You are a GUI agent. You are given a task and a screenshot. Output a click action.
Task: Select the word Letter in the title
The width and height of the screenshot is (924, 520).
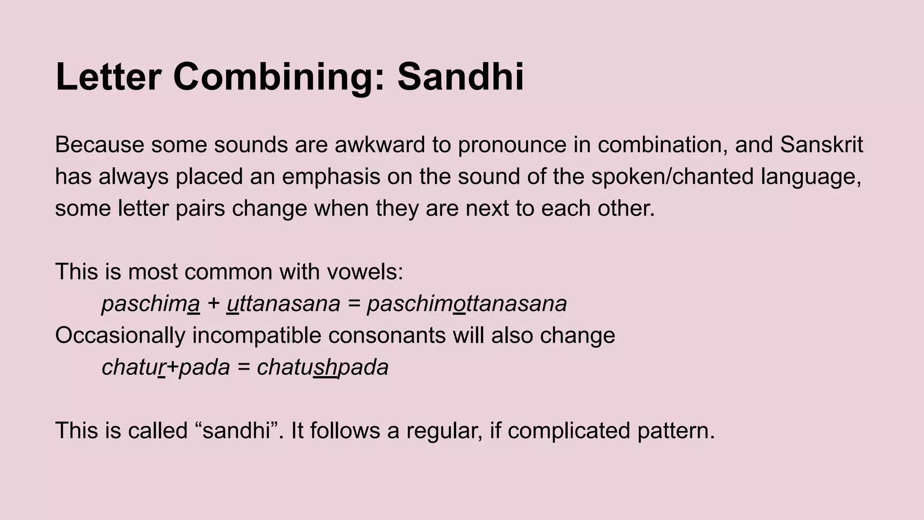point(108,77)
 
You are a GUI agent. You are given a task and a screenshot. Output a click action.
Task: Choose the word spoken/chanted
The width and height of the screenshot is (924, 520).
point(672,176)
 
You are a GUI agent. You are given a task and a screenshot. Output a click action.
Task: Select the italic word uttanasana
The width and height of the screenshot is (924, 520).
point(283,304)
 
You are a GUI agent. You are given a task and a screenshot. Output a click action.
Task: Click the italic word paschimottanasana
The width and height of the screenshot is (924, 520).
point(467,304)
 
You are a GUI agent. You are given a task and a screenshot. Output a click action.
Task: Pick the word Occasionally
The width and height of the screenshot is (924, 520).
point(120,335)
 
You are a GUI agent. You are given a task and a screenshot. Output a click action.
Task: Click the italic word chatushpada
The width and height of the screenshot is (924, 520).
point(323,367)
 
